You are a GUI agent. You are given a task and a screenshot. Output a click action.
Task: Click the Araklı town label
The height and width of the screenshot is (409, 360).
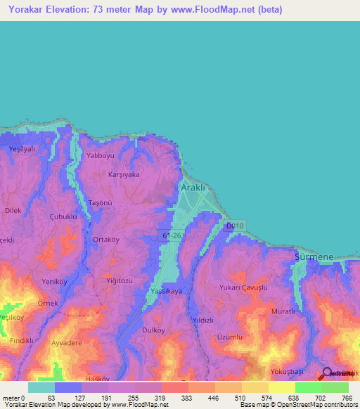tap(193, 189)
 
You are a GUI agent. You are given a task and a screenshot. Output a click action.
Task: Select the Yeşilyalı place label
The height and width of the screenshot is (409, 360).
tap(21, 150)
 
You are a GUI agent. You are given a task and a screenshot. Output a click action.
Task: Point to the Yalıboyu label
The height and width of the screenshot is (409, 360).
tap(99, 155)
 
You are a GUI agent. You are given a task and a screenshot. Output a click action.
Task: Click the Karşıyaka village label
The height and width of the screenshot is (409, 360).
tap(124, 174)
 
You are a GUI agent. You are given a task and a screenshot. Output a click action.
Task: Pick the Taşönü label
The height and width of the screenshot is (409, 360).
tap(100, 202)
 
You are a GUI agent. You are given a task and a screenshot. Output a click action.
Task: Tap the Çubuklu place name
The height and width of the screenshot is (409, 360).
tap(63, 217)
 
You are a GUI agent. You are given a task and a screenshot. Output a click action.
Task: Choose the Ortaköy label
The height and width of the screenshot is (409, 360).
tap(106, 239)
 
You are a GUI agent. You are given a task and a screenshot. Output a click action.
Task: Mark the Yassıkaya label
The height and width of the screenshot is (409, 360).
tap(166, 291)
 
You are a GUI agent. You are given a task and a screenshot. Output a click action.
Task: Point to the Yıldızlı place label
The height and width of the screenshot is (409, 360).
tap(203, 320)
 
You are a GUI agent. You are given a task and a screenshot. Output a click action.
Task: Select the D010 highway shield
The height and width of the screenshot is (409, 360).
tap(234, 225)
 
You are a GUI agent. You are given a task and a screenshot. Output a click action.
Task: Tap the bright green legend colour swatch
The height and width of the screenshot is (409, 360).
tap(308, 387)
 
